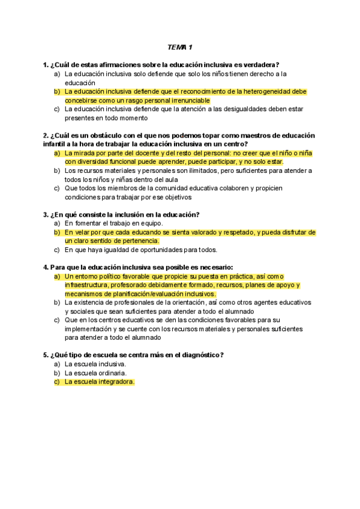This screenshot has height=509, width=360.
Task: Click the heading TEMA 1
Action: (x=180, y=47)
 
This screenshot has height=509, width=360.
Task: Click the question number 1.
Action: (x=46, y=65)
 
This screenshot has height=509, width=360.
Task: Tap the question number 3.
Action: (x=46, y=214)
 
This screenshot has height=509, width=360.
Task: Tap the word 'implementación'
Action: (x=88, y=329)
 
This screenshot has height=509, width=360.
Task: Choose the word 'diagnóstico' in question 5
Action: (x=198, y=355)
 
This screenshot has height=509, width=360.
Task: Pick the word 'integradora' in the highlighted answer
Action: (x=113, y=381)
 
